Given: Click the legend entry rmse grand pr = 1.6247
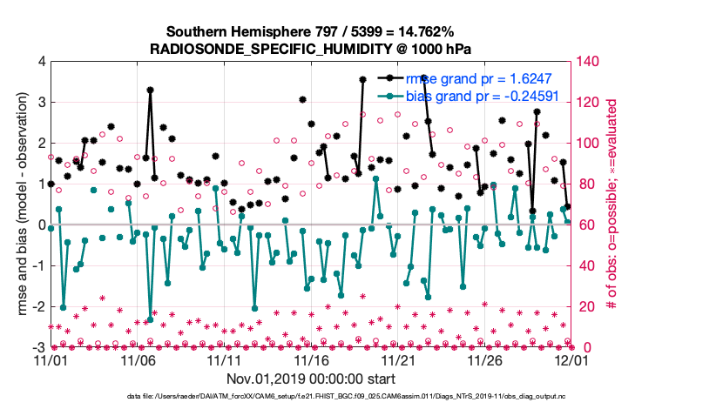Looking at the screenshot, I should coord(490,77).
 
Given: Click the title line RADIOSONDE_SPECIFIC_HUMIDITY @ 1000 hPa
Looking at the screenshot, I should coord(311,48).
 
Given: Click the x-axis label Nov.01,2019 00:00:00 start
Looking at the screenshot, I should coord(311,378).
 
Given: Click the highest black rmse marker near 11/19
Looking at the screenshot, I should coord(362,79).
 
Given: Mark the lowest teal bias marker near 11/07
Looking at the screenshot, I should coord(150,318).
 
